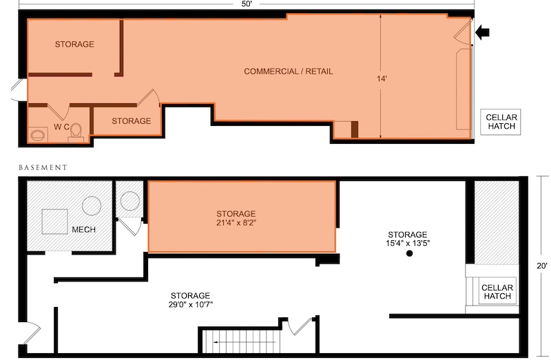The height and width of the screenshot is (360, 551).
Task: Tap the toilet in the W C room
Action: pos(76,132)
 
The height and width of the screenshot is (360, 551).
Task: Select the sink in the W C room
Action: pos(39,134)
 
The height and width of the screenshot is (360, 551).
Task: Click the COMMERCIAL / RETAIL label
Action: pos(288,72)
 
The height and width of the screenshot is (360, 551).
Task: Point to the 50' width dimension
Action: pos(247,4)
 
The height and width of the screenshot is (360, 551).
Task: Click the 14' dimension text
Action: pos(382,78)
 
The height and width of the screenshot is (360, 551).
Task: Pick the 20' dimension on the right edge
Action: pos(541,266)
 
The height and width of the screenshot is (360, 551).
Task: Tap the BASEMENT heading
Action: pos(43,167)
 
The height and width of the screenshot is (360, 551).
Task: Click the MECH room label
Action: pos(83,229)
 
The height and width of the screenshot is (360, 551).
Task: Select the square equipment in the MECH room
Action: pos(55,221)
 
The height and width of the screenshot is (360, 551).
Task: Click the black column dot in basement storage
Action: pos(409,253)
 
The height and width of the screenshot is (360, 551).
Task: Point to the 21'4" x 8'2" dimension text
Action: pos(236,222)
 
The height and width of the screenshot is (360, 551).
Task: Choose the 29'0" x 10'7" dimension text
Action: pos(191,304)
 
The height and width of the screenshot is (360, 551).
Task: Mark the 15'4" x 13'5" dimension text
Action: pos(408,243)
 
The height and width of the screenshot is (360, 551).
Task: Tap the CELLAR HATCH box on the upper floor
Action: pos(501,122)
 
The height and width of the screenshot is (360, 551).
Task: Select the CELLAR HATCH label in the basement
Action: pos(497,292)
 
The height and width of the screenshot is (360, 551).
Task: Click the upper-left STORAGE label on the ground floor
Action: pos(74,44)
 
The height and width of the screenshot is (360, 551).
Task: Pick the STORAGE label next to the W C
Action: pos(131,121)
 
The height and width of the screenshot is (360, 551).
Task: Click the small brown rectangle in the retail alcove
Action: pos(355,129)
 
